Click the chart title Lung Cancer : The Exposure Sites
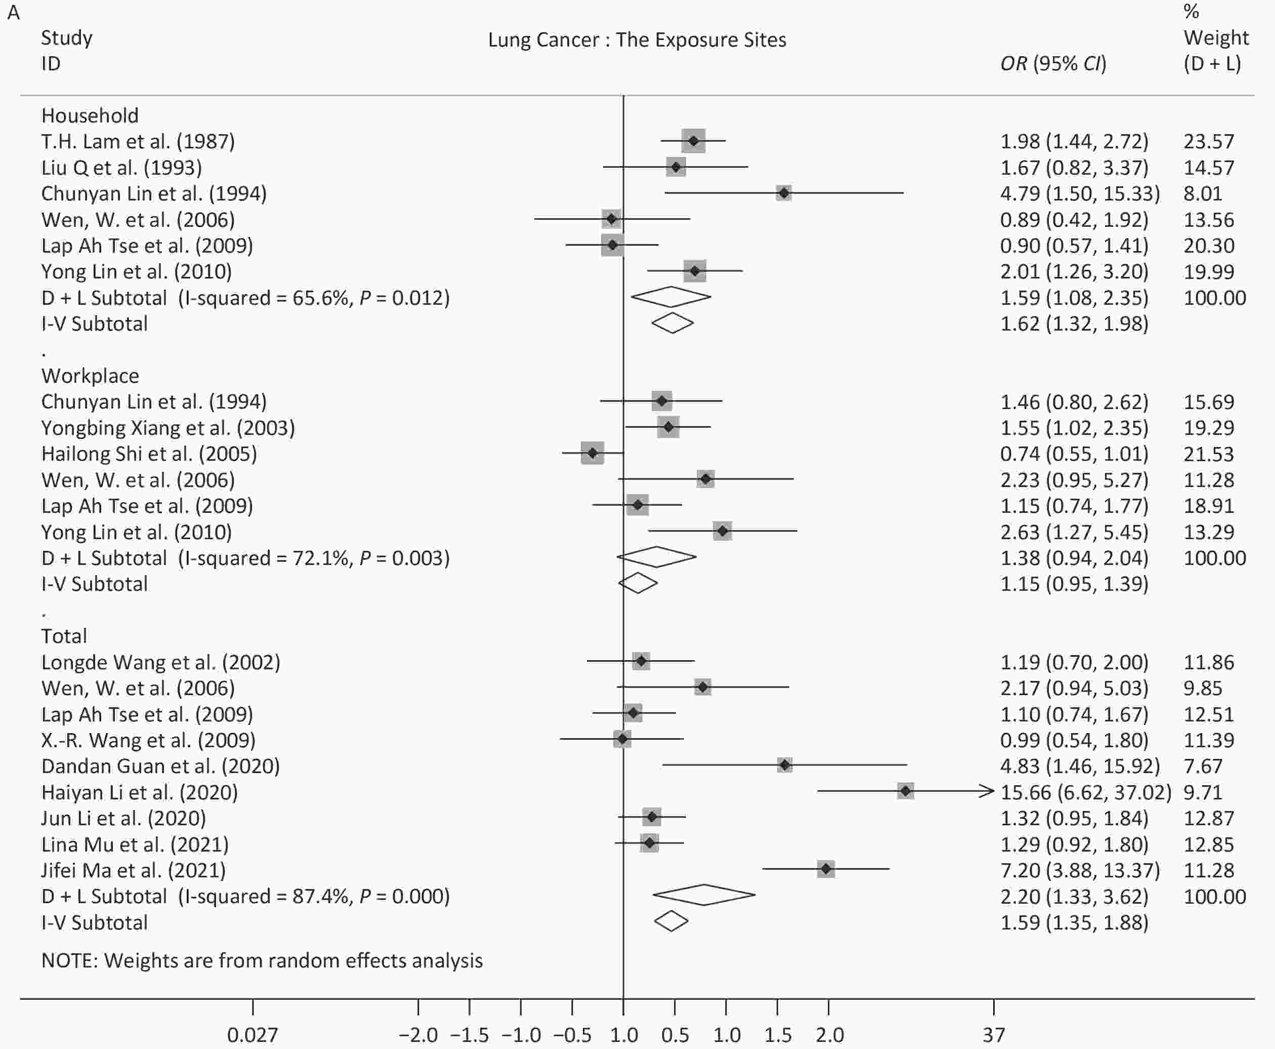(636, 40)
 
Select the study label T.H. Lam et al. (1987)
(138, 141)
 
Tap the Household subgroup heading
(90, 115)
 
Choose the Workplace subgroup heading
(90, 376)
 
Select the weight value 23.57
(1209, 141)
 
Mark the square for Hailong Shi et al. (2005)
(592, 453)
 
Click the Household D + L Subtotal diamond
(670, 297)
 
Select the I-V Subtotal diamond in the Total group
(671, 921)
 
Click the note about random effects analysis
(262, 961)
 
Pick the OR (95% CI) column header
(1053, 63)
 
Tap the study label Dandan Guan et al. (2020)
(160, 766)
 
